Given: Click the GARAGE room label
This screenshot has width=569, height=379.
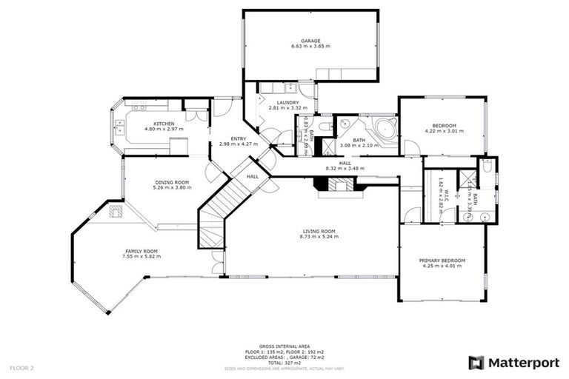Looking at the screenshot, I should tap(310, 40).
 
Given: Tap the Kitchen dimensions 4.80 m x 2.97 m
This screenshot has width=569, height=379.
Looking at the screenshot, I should tap(164, 130).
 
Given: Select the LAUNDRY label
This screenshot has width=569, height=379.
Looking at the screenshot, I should tap(287, 102).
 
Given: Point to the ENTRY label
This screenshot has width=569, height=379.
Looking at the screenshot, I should tap(238, 138).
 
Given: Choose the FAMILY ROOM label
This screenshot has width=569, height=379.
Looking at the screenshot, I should tap(142, 251).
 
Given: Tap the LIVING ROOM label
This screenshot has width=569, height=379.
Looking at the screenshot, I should tap(319, 231).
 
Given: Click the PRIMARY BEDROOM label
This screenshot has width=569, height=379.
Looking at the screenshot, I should tap(442, 260).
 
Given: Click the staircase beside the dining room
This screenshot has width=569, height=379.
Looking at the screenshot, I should tap(222, 207).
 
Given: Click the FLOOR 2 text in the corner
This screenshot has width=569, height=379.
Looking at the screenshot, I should tap(21, 367).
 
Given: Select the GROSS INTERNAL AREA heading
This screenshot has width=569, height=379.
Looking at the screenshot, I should tap(284, 346).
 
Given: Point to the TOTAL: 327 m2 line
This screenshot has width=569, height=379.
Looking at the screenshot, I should tap(284, 363).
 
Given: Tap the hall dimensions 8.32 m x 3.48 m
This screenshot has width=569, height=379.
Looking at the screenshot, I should tap(345, 168).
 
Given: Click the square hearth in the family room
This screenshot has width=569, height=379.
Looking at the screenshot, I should tap(115, 212).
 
